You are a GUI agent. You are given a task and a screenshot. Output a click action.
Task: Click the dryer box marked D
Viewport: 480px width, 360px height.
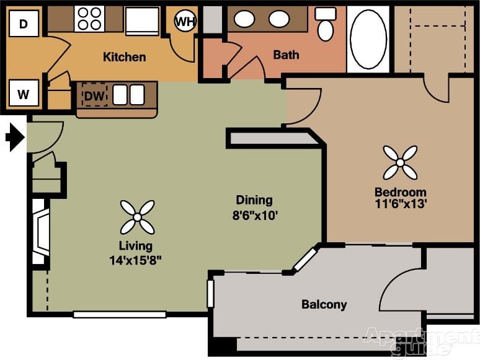24,24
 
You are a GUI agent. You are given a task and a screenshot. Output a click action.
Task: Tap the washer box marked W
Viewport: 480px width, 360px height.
24,94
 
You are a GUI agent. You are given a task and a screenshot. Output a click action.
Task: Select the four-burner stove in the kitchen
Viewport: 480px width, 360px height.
89,19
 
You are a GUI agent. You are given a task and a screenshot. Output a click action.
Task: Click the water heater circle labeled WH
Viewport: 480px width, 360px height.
184,22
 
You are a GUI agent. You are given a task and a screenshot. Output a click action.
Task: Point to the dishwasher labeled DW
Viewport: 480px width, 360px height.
95,95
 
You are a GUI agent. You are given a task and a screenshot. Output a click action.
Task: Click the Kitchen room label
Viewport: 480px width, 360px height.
124,57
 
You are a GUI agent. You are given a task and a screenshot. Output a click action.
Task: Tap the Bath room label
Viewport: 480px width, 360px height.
286,55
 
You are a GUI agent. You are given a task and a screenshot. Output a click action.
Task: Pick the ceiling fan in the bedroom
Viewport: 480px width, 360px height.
400,162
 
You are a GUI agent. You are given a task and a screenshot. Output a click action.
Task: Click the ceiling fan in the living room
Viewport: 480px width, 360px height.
137,217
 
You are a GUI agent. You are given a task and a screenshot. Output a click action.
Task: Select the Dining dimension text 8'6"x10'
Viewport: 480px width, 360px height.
254,216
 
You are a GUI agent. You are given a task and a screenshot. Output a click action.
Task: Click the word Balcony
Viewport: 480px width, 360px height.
324,305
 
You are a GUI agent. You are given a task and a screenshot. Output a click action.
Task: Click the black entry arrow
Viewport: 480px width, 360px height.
14,137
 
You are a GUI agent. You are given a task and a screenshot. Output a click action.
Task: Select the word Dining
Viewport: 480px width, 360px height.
254,200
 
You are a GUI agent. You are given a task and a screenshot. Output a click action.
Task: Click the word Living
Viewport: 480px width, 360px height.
136,246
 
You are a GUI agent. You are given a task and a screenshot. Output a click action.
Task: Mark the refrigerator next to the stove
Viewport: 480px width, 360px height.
143,20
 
